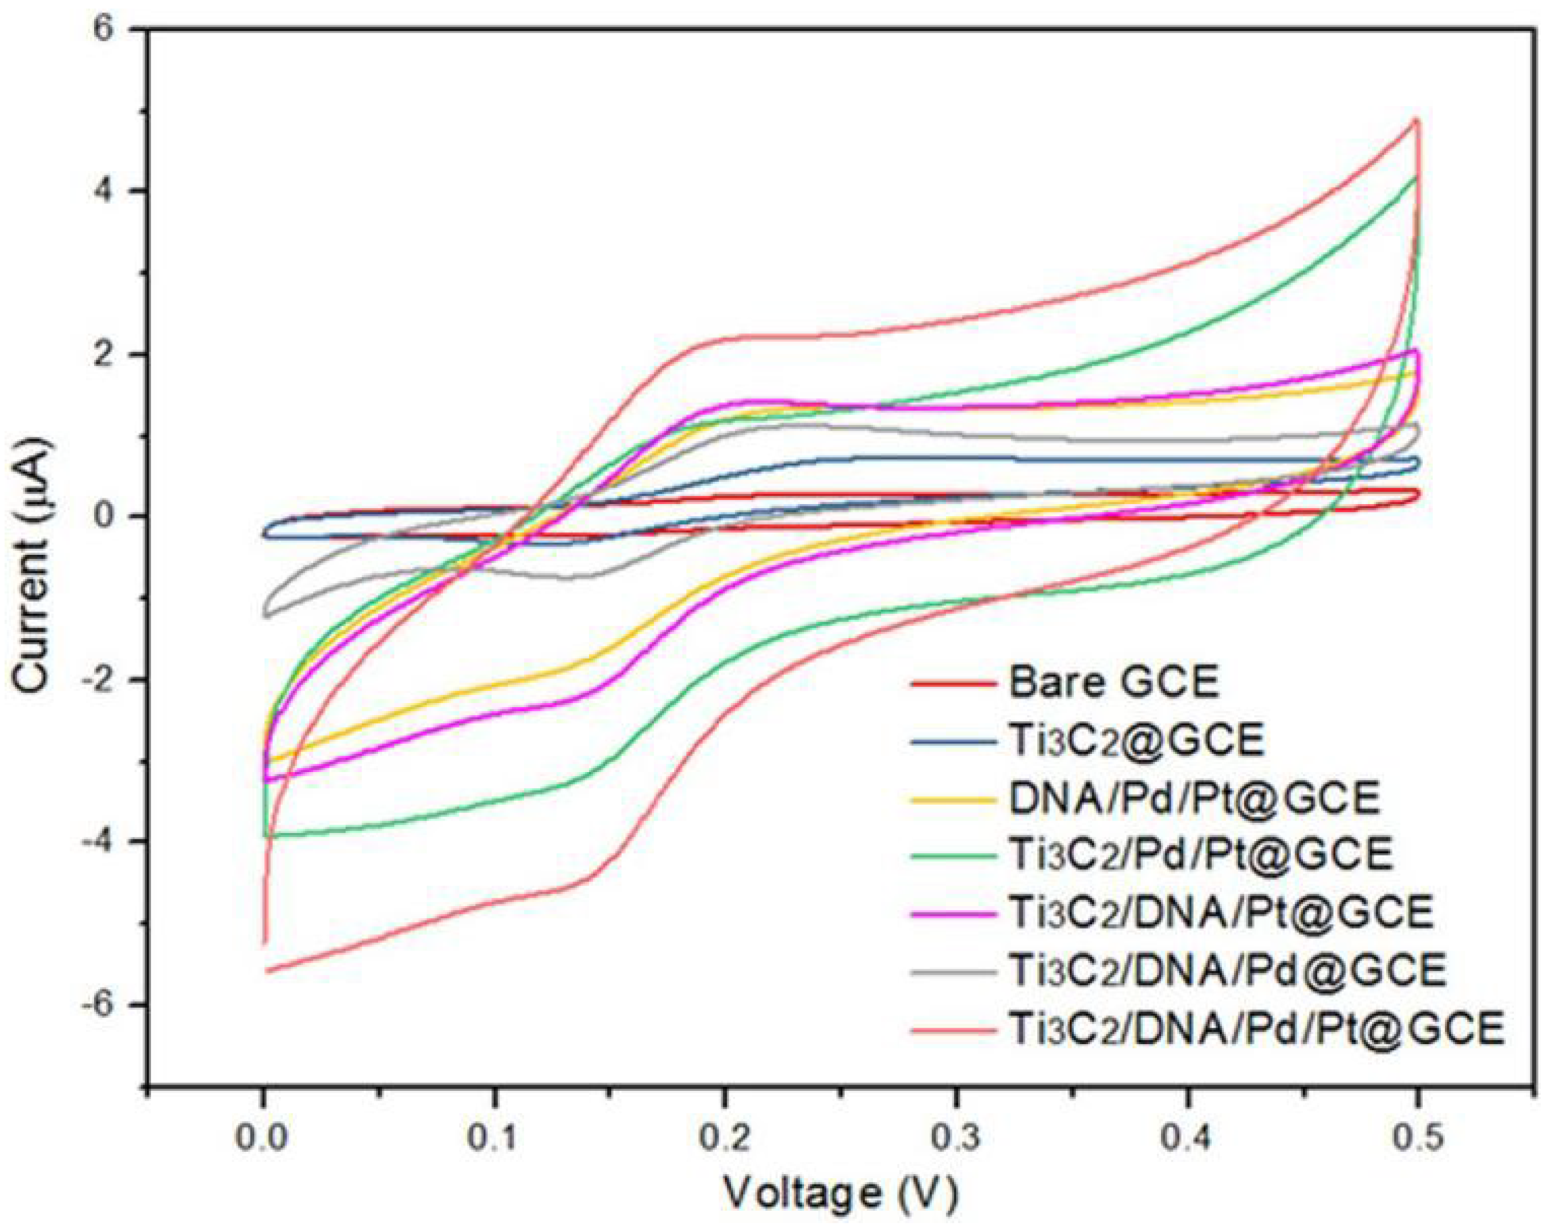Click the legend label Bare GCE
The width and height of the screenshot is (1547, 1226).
[1114, 682]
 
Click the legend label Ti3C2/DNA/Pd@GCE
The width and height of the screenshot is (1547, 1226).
[1228, 971]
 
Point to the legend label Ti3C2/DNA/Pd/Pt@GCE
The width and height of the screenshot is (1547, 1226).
[1256, 1029]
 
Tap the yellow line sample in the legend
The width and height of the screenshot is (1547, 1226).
[955, 798]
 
